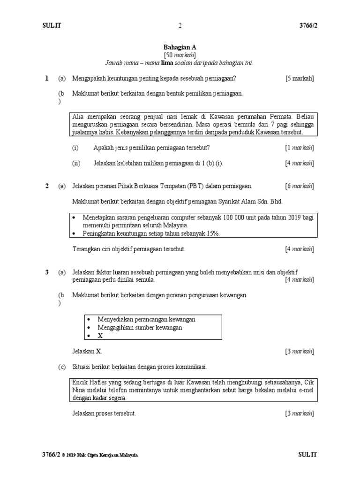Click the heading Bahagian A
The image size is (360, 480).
pyautogui.click(x=180, y=47)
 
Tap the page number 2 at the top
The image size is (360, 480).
pyautogui.click(x=180, y=25)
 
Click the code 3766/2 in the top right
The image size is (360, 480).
pyautogui.click(x=307, y=25)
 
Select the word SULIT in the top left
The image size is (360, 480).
pyautogui.click(x=52, y=25)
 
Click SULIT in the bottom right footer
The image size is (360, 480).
pyautogui.click(x=307, y=455)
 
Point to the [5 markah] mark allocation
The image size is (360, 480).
pyautogui.click(x=300, y=78)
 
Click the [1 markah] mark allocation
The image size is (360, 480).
pyautogui.click(x=300, y=148)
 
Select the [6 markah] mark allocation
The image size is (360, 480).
pyautogui.click(x=300, y=186)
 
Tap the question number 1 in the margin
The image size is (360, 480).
pyautogui.click(x=47, y=78)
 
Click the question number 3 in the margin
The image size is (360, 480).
pyautogui.click(x=47, y=272)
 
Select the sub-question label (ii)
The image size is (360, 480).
pyautogui.click(x=76, y=163)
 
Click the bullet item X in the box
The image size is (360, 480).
pyautogui.click(x=99, y=336)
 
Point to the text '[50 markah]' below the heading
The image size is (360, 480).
pyautogui.click(x=180, y=55)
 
